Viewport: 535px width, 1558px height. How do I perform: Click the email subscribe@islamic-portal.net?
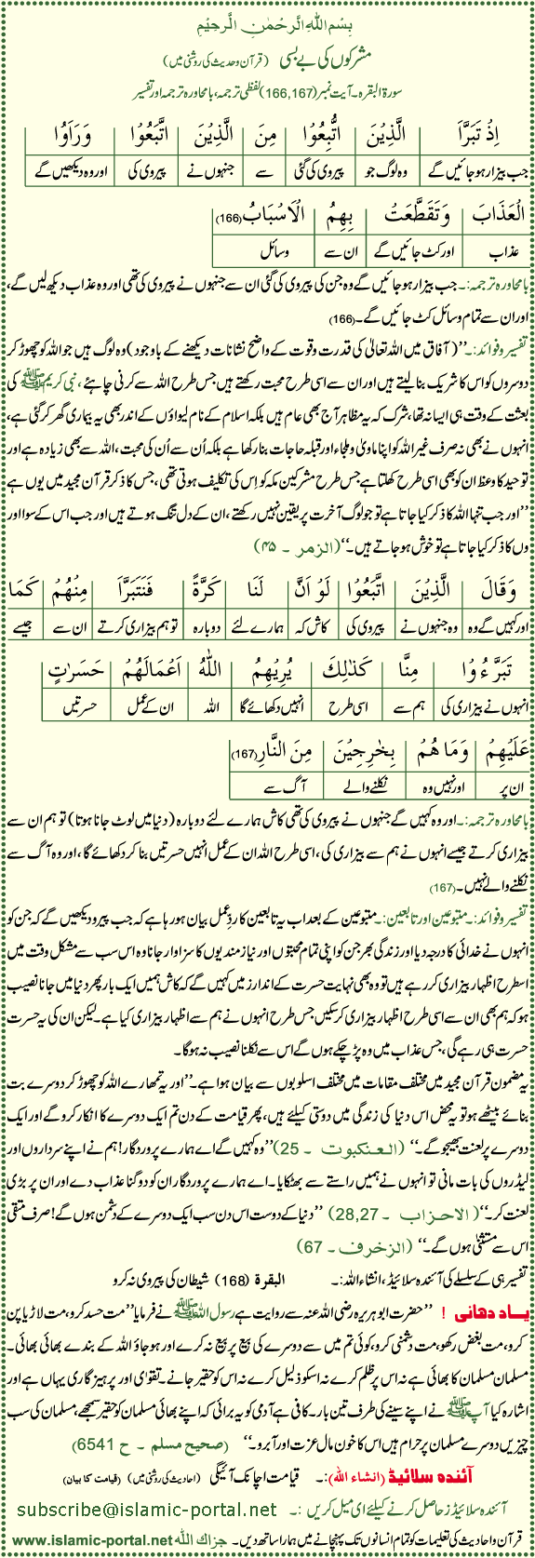click(147, 1509)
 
